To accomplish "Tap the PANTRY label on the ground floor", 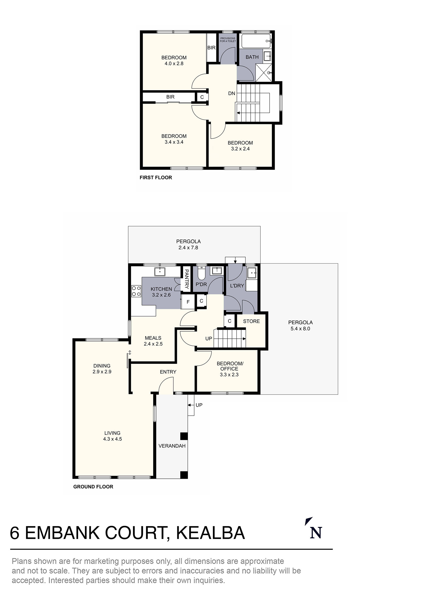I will pyautogui.click(x=187, y=279).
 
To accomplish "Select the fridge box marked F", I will pyautogui.click(x=188, y=302).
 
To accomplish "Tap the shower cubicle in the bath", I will pyautogui.click(x=263, y=73).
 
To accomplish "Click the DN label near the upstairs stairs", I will pyautogui.click(x=232, y=93).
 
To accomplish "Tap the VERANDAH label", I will pyautogui.click(x=172, y=446).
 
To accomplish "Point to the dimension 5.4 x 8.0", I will pyautogui.click(x=300, y=329).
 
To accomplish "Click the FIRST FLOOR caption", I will pyautogui.click(x=156, y=178).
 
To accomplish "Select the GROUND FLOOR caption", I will pyautogui.click(x=93, y=487).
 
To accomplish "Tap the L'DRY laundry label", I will pyautogui.click(x=237, y=286).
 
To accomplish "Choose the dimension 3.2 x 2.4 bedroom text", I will pyautogui.click(x=240, y=149).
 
